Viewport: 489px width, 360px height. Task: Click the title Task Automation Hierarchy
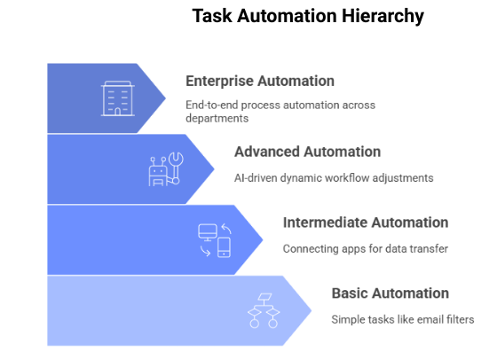[x=308, y=17]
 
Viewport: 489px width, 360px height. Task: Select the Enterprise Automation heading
[x=259, y=81]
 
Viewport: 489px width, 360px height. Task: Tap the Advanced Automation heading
[x=307, y=152]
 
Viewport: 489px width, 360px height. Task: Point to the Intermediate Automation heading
[x=365, y=223]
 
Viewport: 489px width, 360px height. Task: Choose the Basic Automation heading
[x=390, y=293]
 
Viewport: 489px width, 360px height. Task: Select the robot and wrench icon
[x=165, y=168]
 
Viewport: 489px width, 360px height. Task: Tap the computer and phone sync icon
[x=214, y=239]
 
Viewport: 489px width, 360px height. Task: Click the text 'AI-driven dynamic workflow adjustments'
[x=334, y=177]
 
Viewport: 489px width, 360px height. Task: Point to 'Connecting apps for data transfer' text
[x=365, y=248]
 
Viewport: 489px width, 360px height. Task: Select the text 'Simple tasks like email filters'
[x=402, y=319]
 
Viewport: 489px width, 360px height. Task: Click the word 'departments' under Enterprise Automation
[x=216, y=119]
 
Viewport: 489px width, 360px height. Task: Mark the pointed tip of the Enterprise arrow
[x=165, y=98]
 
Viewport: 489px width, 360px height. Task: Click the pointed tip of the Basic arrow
[x=312, y=310]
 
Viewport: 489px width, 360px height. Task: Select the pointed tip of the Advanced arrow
[x=214, y=168]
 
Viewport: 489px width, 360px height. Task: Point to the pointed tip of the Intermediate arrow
[x=263, y=239]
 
